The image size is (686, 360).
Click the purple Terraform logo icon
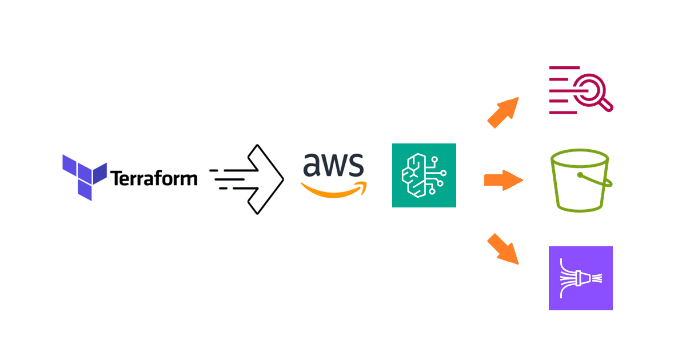pyautogui.click(x=84, y=177)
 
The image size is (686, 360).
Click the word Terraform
pyautogui.click(x=154, y=178)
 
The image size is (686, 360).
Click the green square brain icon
pyautogui.click(x=424, y=175)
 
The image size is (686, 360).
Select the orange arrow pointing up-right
pyautogui.click(x=503, y=112)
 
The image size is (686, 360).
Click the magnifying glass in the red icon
pyautogui.click(x=588, y=91)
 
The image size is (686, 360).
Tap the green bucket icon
pyautogui.click(x=579, y=181)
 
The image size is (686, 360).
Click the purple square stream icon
pyautogui.click(x=580, y=278)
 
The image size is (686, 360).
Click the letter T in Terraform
pyautogui.click(x=116, y=178)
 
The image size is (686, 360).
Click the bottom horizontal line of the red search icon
pyautogui.click(x=563, y=113)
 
